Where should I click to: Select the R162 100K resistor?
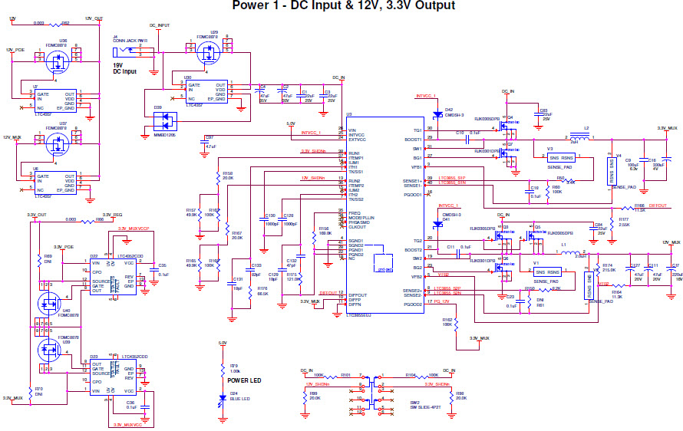(x=447, y=322)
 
